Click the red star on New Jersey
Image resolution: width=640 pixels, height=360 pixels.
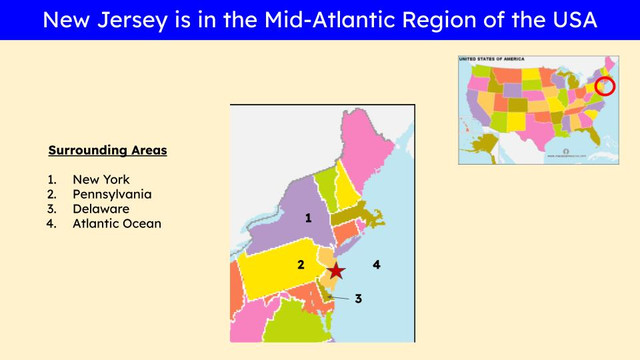pyautogui.click(x=337, y=270)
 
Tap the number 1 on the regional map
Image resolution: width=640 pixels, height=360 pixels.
pyautogui.click(x=309, y=217)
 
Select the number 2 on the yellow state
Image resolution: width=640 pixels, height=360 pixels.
pyautogui.click(x=300, y=265)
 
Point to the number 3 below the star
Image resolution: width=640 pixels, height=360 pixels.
pyautogui.click(x=357, y=298)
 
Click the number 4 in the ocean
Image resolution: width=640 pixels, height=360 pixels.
pyautogui.click(x=376, y=265)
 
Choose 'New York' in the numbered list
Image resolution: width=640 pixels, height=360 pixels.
pyautogui.click(x=101, y=179)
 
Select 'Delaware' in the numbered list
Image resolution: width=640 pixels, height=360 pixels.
pyautogui.click(x=101, y=209)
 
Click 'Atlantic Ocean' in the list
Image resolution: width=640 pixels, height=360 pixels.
pyautogui.click(x=117, y=224)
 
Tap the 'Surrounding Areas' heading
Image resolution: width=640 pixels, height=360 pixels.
pyautogui.click(x=108, y=151)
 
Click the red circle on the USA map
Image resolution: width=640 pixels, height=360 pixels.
pyautogui.click(x=604, y=87)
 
